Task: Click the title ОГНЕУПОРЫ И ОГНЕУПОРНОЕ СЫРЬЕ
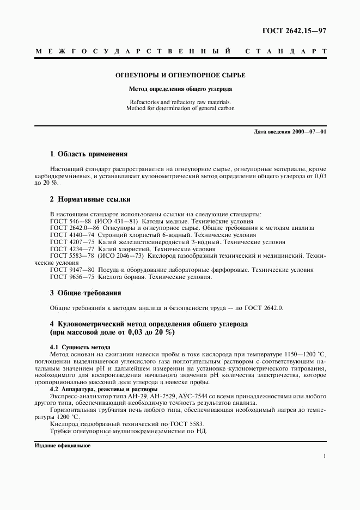[x=179, y=75]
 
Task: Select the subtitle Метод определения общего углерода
[x=179, y=89]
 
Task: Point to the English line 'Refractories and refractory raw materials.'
[x=180, y=102]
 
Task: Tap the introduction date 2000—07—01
[x=308, y=132]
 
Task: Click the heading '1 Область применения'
[x=89, y=154]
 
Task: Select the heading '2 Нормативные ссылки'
[x=90, y=199]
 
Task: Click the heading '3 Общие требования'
[x=86, y=293]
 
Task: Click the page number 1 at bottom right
[x=325, y=457]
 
